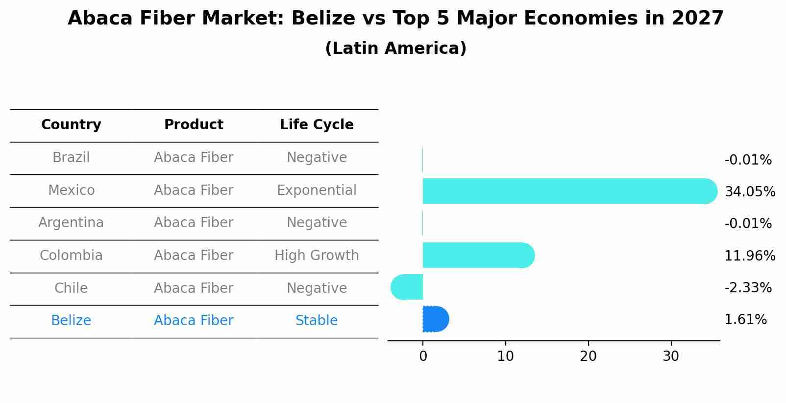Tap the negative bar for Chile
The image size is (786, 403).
click(x=407, y=287)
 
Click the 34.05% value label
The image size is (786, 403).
click(x=750, y=191)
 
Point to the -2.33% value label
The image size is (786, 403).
click(x=748, y=287)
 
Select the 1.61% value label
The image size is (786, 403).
click(x=745, y=320)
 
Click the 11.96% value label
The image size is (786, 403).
click(x=750, y=256)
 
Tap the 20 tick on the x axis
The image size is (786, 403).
click(x=588, y=356)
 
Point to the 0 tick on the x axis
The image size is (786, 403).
click(x=423, y=356)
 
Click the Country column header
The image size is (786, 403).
click(x=71, y=125)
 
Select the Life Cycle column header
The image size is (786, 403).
click(x=317, y=125)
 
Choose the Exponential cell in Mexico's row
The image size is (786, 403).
click(x=317, y=190)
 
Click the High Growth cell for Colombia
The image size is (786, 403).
click(x=317, y=255)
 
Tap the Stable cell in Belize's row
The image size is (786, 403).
click(x=317, y=320)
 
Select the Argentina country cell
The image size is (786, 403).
click(x=71, y=222)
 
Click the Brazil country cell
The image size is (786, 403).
click(x=71, y=157)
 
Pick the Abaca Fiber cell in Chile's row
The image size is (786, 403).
click(x=194, y=288)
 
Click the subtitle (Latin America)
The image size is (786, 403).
click(x=395, y=48)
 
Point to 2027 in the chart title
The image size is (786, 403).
click(x=697, y=19)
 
